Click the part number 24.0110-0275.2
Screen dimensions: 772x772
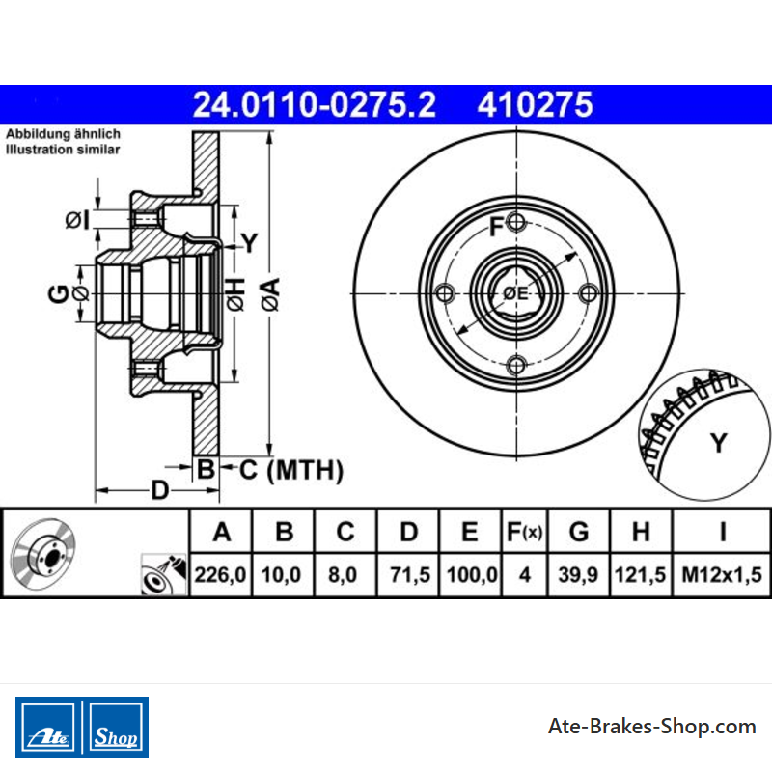click(315, 104)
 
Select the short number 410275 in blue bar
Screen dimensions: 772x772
click(535, 104)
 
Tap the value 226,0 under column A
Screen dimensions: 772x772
click(220, 574)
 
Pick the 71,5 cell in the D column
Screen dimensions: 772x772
click(409, 574)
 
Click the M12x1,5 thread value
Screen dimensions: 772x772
click(721, 574)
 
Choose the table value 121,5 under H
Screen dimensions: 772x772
click(640, 574)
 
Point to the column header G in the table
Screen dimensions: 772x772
click(578, 532)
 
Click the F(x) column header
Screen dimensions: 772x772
click(524, 532)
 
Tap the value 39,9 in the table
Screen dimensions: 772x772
click(578, 574)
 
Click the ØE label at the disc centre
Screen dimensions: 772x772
click(515, 293)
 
